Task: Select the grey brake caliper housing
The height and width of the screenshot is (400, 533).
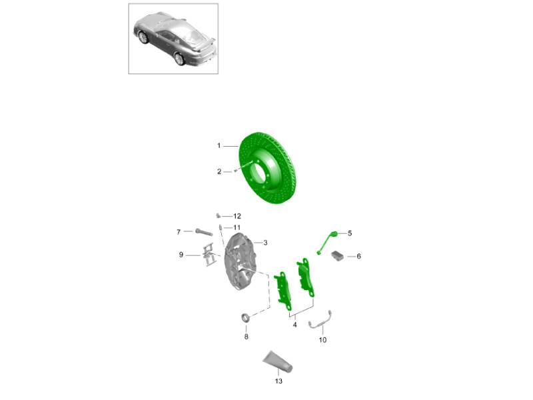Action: (x=240, y=262)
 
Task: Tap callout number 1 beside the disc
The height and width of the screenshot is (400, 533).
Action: (x=219, y=145)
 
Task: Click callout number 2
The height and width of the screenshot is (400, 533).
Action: (x=219, y=172)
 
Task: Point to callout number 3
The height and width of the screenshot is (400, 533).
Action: (x=265, y=243)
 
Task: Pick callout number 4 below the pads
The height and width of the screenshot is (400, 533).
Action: (x=294, y=325)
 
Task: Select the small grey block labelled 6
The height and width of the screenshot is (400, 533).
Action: (x=337, y=255)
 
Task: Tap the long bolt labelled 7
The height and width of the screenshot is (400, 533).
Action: (x=204, y=233)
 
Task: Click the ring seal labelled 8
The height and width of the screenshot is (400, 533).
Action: (x=245, y=318)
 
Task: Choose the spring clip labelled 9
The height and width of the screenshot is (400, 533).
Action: (x=209, y=255)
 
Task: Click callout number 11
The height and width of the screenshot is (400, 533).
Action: (x=237, y=227)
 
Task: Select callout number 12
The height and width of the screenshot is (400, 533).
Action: (x=237, y=216)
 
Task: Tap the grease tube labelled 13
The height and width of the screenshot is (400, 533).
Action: (x=278, y=361)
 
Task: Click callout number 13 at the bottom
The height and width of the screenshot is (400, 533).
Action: (x=278, y=381)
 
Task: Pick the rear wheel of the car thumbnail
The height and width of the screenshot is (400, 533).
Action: (x=179, y=59)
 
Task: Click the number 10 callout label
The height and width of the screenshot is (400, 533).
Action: (x=322, y=340)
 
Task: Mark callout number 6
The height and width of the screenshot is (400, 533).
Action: (x=358, y=256)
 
